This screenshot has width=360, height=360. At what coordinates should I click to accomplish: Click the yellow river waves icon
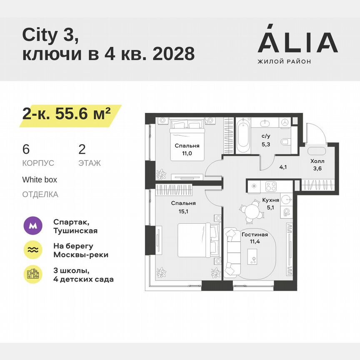32,250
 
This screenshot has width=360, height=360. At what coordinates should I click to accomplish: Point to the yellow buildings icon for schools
32,274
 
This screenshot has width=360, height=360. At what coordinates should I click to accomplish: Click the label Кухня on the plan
271,200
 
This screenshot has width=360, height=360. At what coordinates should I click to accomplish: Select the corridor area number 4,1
283,168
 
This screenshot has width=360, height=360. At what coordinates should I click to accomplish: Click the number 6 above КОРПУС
26,150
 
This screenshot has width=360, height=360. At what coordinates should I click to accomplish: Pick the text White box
40,180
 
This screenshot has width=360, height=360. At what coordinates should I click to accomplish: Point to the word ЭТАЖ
90,163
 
